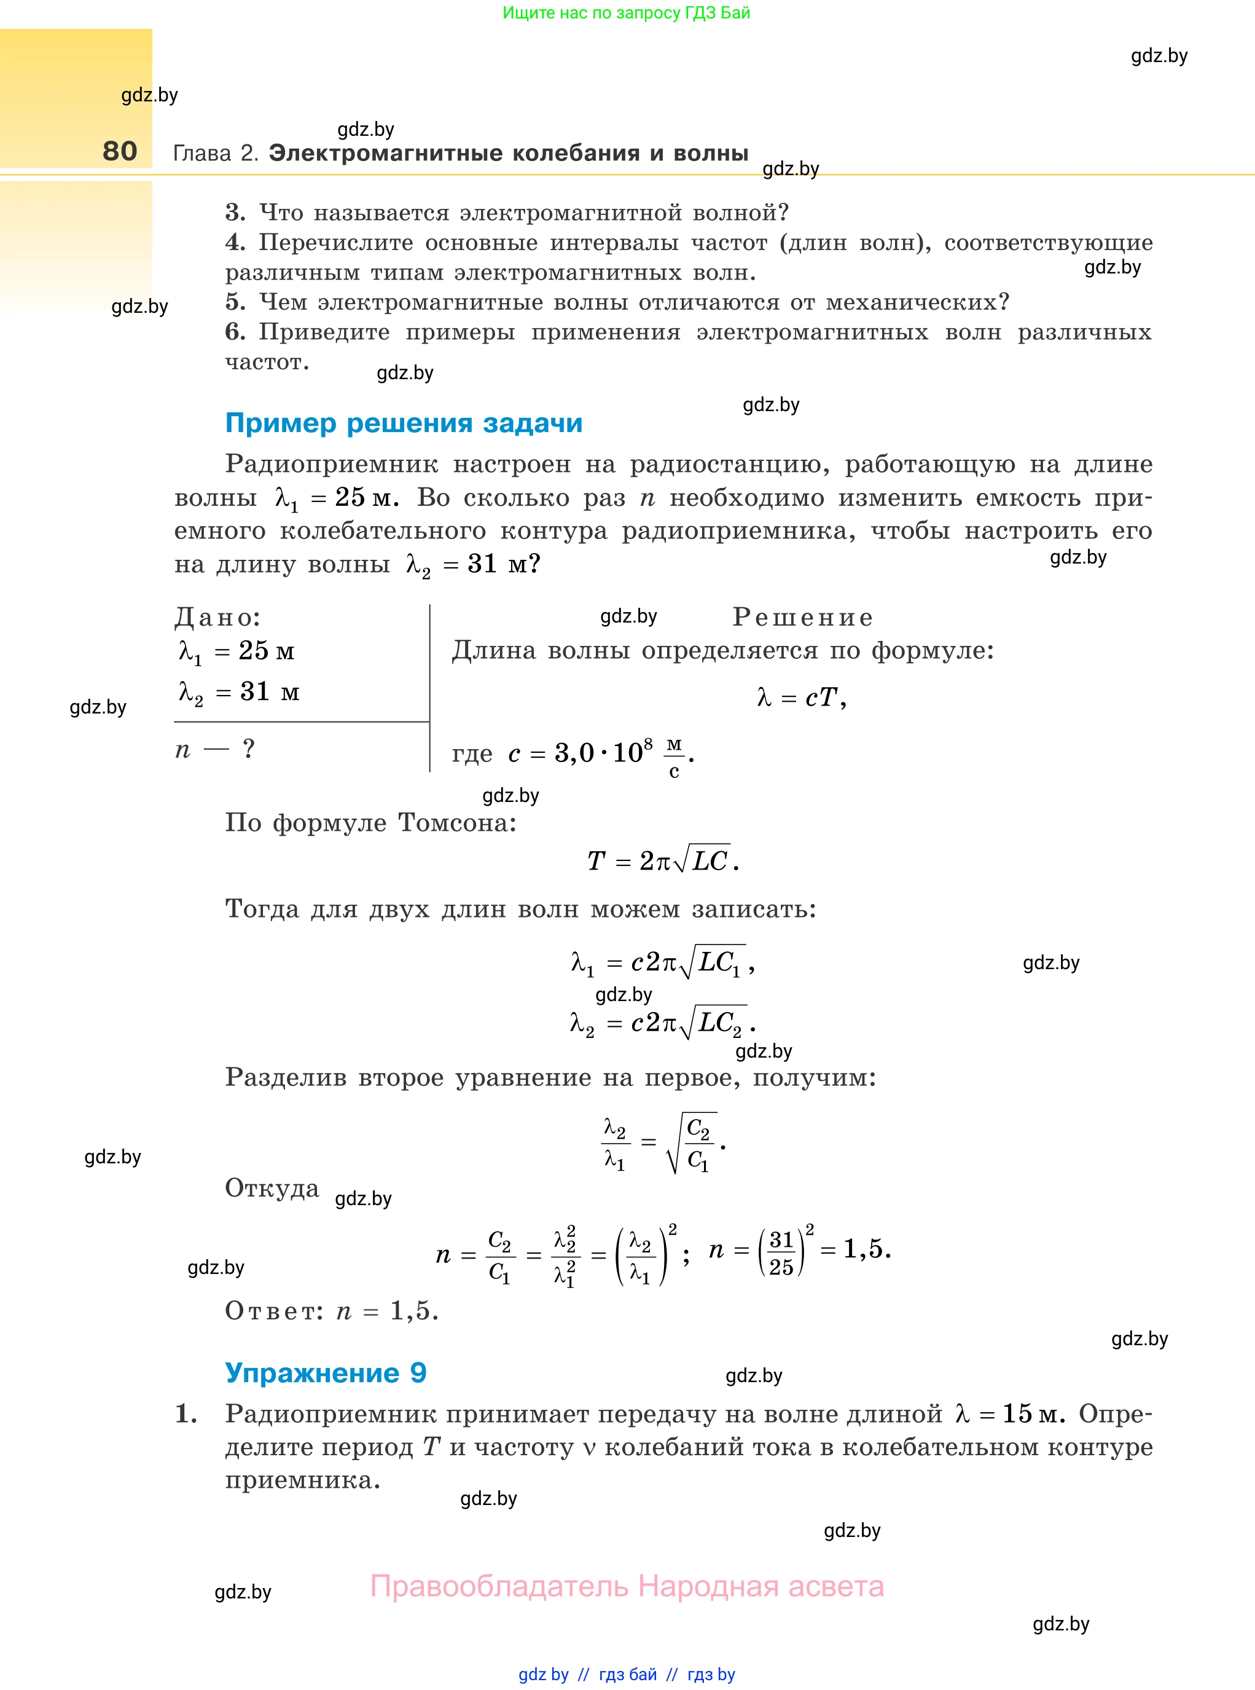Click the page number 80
point(120,151)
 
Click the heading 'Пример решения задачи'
point(404,423)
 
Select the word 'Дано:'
point(217,617)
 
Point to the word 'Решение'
point(802,617)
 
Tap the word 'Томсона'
point(456,822)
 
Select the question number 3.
point(235,213)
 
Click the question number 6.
point(235,332)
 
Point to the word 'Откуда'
point(272,1188)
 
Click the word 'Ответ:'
point(274,1311)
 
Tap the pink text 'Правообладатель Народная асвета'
point(627,1586)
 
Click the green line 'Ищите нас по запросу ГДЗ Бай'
point(626,13)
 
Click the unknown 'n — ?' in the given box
point(215,749)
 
